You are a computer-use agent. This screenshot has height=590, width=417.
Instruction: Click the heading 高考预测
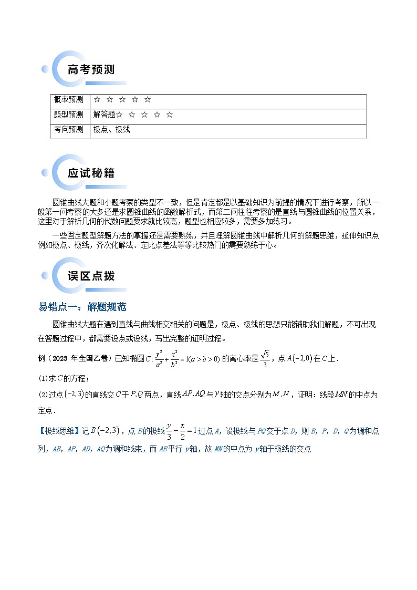click(x=91, y=69)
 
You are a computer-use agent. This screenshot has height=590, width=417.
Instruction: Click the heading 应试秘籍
click(x=91, y=173)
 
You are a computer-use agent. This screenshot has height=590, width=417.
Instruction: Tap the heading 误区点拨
click(x=91, y=276)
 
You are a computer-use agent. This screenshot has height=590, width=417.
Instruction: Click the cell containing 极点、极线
click(x=112, y=129)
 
